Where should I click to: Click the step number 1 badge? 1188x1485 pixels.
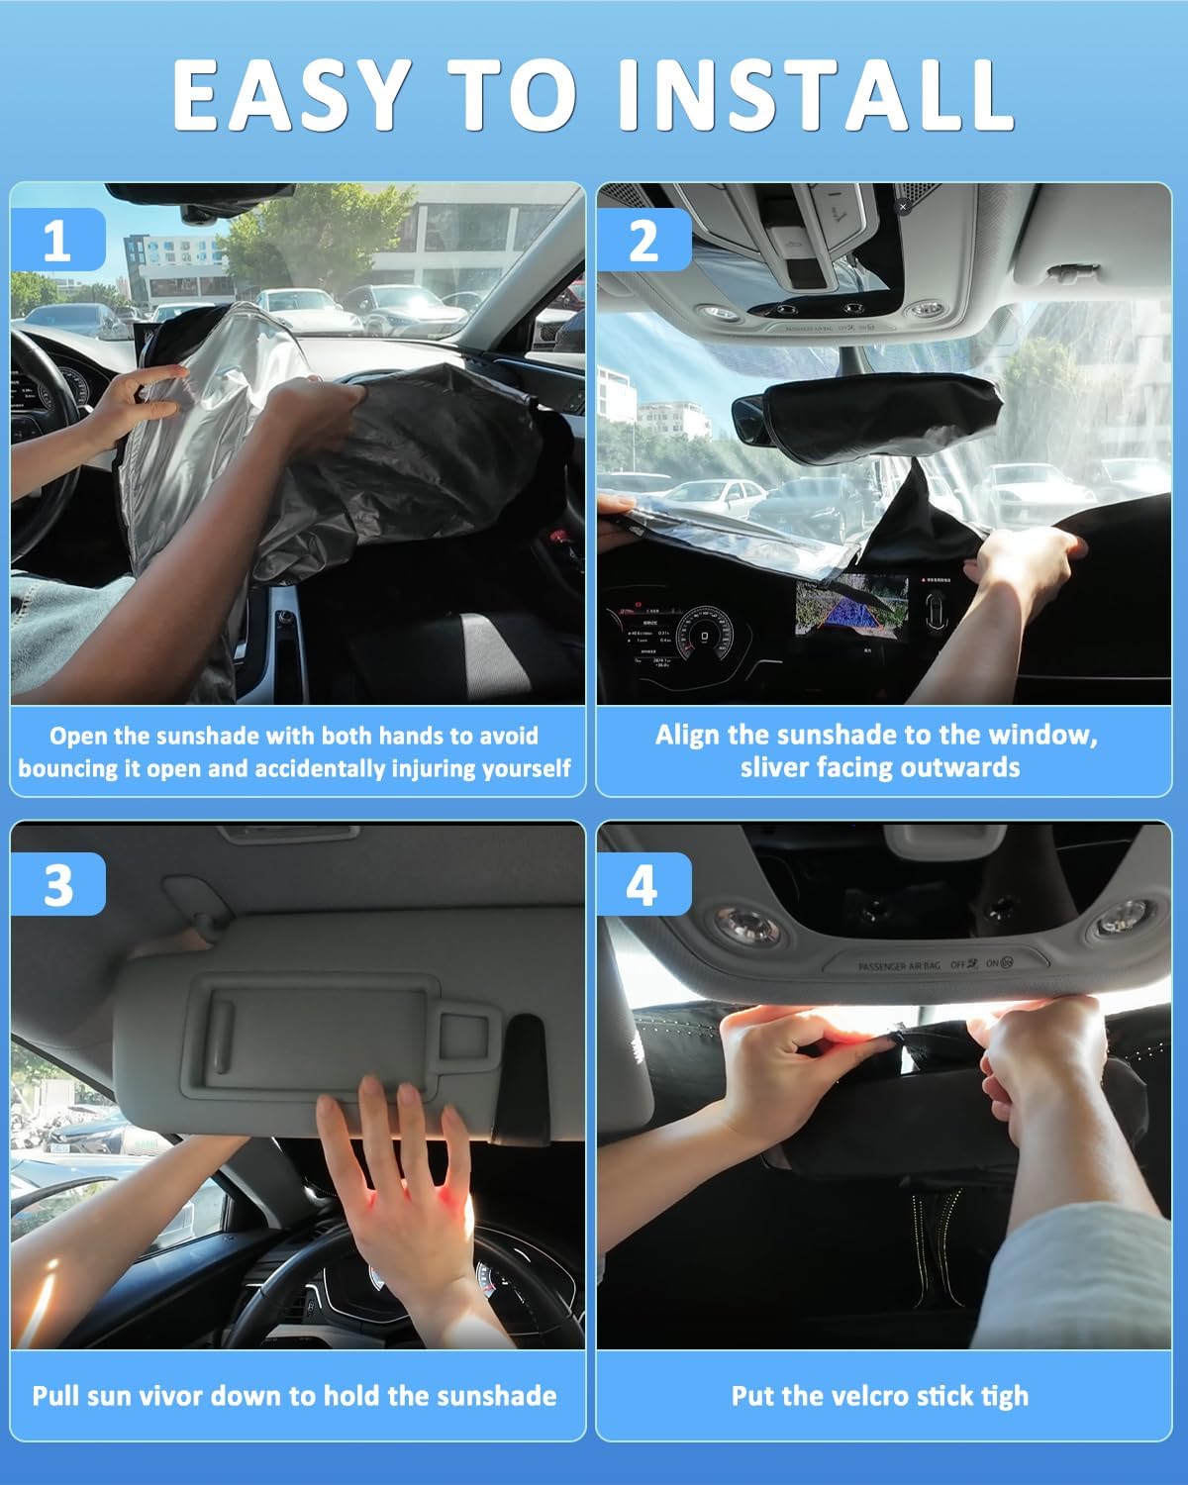pos(57,240)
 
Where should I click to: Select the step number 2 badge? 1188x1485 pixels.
pos(643,240)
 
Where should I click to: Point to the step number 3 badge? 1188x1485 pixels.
pos(57,883)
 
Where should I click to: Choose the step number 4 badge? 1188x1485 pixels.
pos(643,883)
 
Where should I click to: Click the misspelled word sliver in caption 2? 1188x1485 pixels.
pos(775,767)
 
